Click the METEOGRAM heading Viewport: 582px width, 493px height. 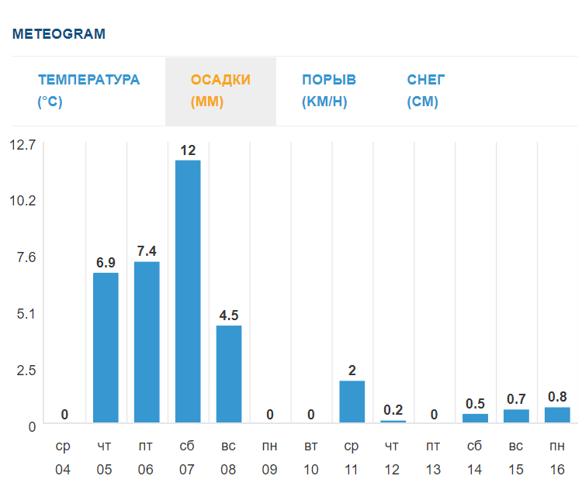click(59, 34)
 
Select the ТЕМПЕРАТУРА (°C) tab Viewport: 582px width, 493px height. click(88, 91)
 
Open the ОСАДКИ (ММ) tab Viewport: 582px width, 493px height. click(220, 91)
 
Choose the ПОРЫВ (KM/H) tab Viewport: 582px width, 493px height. click(328, 91)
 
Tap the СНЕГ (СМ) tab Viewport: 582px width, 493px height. click(426, 91)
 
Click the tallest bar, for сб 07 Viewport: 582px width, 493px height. click(188, 291)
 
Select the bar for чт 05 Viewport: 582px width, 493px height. click(106, 348)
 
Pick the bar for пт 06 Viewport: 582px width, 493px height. click(147, 343)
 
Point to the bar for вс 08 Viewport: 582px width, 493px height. click(229, 374)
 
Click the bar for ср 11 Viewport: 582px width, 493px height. click(352, 402)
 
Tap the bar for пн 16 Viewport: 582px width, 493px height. click(557, 415)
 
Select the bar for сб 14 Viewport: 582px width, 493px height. click(475, 419)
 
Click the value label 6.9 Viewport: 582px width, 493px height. click(106, 263)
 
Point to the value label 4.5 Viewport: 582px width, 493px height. click(229, 315)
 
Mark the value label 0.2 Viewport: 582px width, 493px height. click(393, 410)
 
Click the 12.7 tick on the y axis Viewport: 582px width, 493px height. click(23, 144)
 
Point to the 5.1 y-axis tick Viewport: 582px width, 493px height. click(27, 313)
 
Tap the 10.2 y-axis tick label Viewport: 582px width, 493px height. click(23, 201)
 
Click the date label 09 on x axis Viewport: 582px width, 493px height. click(269, 470)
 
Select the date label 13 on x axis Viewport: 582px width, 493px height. click(434, 470)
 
